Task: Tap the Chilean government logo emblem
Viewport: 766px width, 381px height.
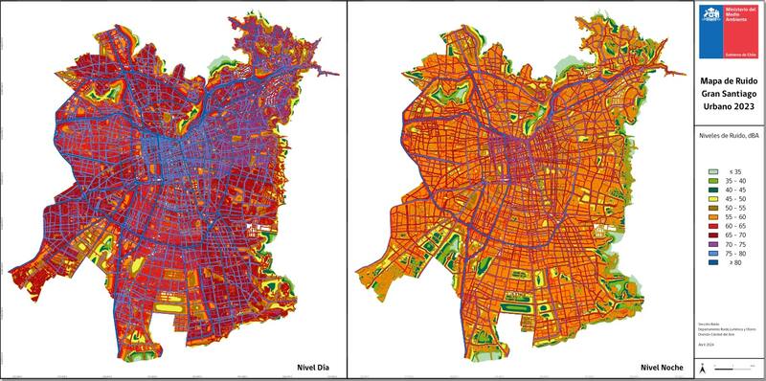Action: pos(710,17)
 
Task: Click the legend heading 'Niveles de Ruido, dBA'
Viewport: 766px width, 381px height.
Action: pos(730,137)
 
